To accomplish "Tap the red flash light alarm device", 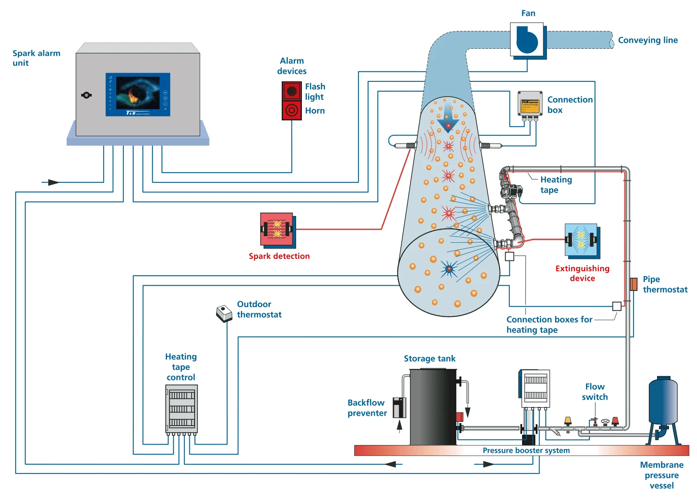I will [x=292, y=91].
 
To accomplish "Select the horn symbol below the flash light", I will [x=292, y=110].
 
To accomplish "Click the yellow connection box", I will [x=530, y=104].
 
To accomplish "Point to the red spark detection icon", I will [x=277, y=230].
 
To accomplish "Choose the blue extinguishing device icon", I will [x=581, y=240].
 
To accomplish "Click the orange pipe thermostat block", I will [x=633, y=284].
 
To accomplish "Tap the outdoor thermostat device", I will [x=224, y=314].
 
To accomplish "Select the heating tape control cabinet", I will [x=181, y=409].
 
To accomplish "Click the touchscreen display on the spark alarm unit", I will [x=138, y=95].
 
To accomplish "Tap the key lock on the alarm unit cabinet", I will [x=87, y=95].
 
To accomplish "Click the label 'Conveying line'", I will [x=648, y=40].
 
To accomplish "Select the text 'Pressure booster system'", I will [x=526, y=450].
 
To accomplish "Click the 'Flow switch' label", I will [x=595, y=392].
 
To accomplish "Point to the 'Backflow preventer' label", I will [x=367, y=408].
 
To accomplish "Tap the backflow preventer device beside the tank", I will [x=399, y=407].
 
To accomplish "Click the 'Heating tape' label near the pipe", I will [x=556, y=185].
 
